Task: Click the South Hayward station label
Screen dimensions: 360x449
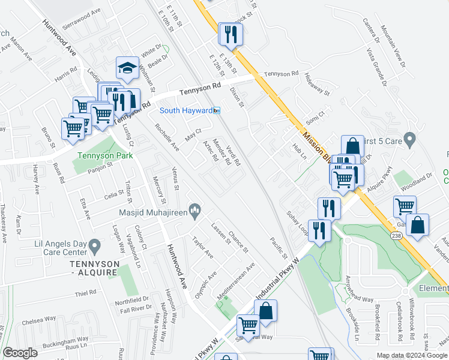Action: [x=185, y=110]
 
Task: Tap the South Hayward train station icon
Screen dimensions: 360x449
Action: [x=217, y=110]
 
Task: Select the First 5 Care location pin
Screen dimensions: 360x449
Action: [x=410, y=140]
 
